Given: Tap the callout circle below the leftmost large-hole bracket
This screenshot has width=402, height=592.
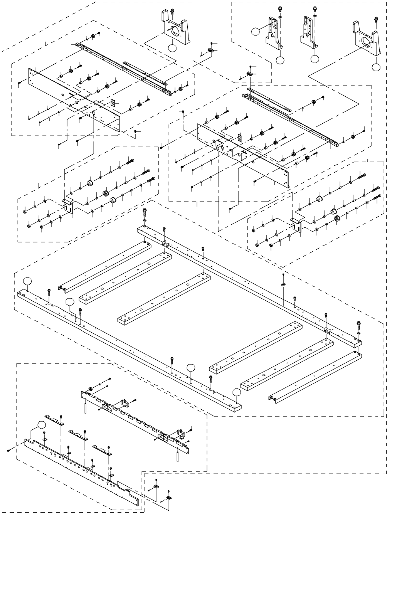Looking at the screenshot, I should coord(172,48).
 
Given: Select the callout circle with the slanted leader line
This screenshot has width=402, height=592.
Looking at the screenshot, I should coord(255,31).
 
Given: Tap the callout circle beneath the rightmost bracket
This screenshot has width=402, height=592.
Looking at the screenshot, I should coord(376,67).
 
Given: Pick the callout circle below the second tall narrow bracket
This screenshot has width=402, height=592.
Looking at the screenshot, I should coord(315,59).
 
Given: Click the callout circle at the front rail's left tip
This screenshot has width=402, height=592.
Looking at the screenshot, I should coord(27,281).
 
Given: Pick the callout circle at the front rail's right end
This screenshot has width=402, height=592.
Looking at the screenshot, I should coord(237,392).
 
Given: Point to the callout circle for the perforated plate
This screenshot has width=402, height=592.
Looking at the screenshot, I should coord(41,425).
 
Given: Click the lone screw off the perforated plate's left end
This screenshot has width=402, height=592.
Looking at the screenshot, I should coord(8,450).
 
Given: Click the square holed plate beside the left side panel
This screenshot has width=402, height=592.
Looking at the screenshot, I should coord(113,103).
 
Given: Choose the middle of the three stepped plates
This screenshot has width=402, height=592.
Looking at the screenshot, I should coord(78,434).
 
